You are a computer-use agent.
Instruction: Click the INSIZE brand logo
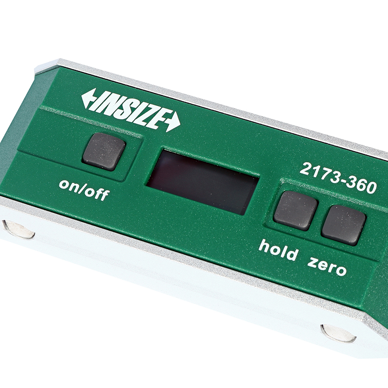(131, 109)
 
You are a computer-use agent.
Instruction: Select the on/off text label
(84, 190)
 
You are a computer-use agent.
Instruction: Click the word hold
(278, 249)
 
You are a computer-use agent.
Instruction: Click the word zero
(327, 267)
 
